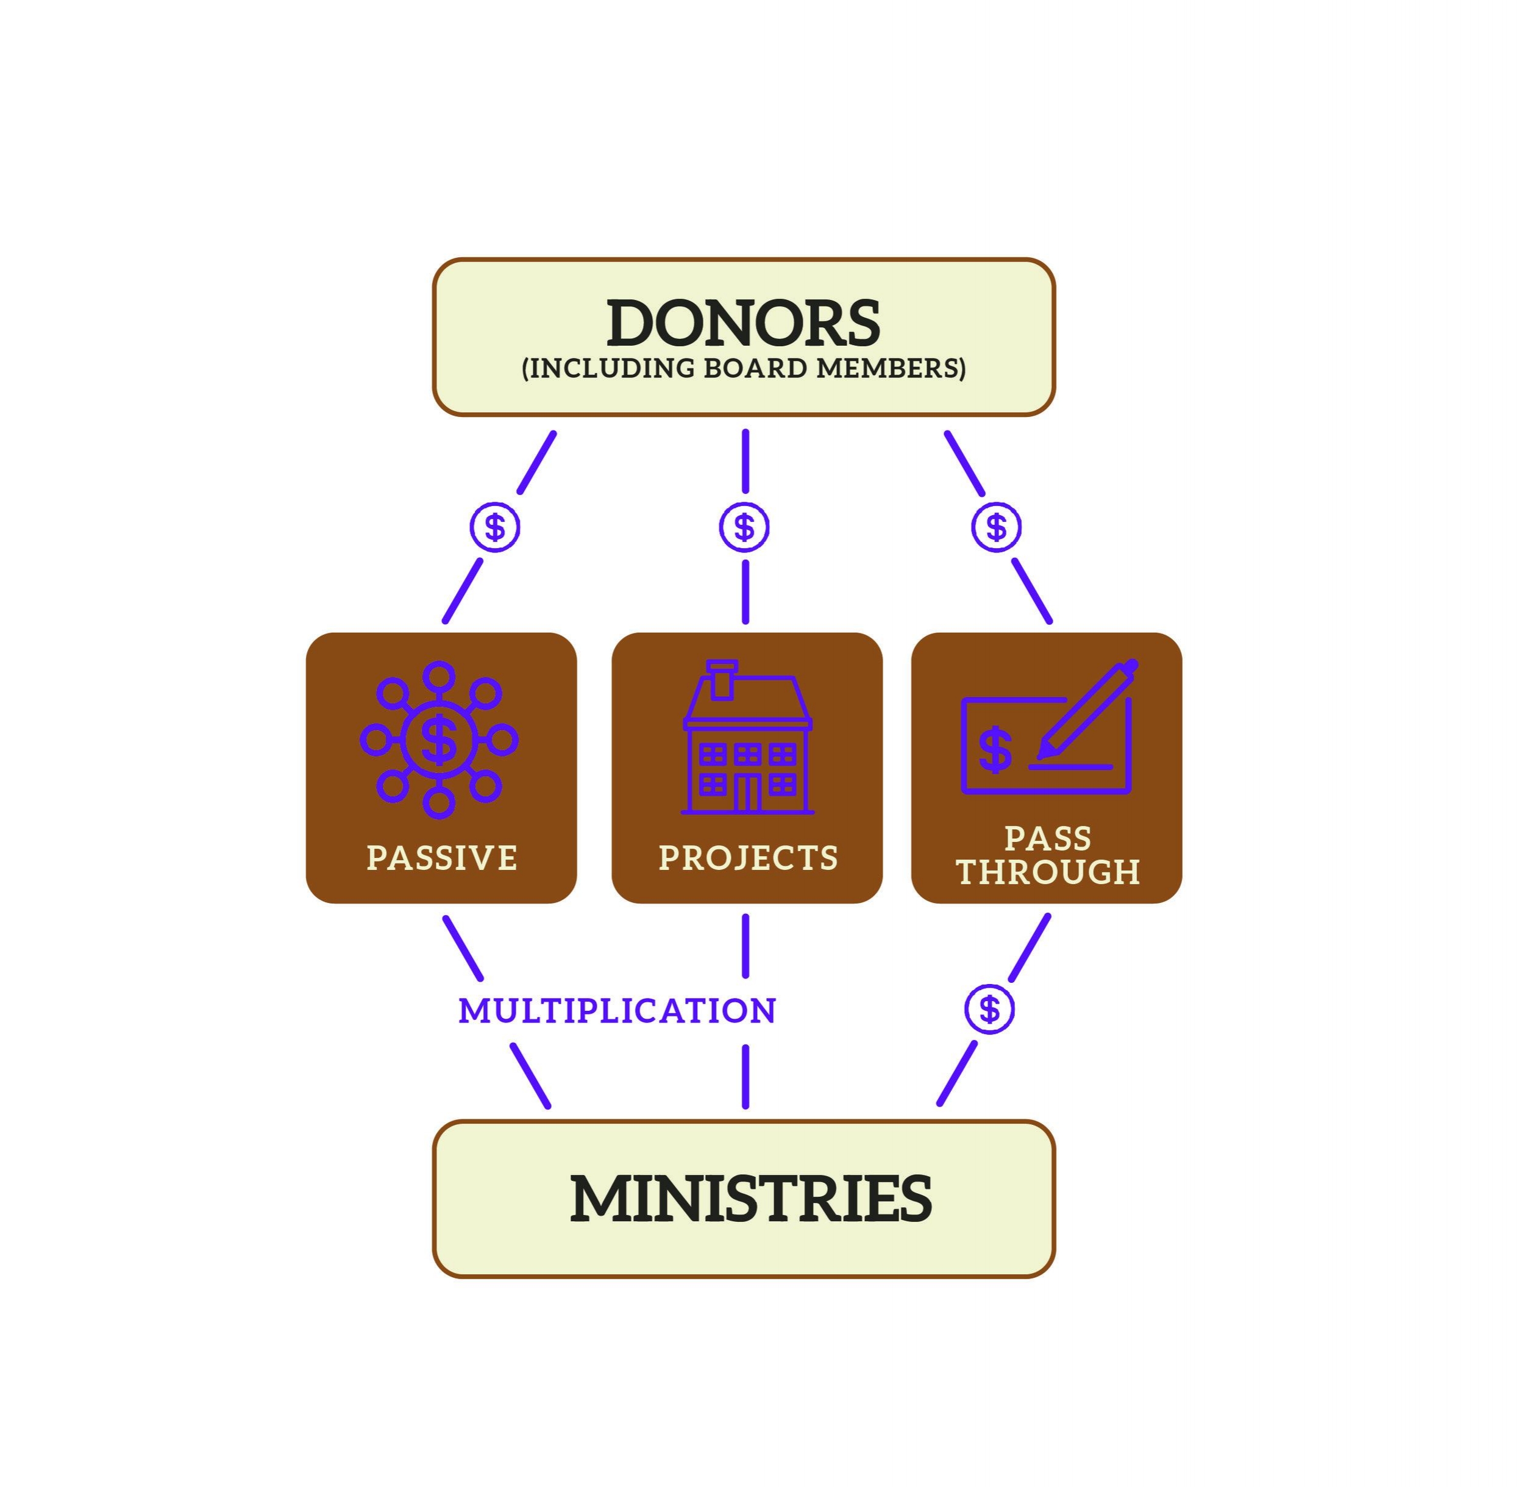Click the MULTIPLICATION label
coord(617,1011)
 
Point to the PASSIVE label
coord(441,858)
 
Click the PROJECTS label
coord(747,858)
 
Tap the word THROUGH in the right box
coord(1047,872)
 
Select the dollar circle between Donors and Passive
coord(494,527)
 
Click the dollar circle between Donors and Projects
coord(744,527)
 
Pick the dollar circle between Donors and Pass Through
coord(996,527)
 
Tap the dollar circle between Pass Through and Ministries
coord(989,1009)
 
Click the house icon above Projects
coord(747,742)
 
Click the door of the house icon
coord(747,793)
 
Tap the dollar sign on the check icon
coord(995,750)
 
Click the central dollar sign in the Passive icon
coord(439,739)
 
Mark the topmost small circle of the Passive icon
coord(439,676)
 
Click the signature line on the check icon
coord(1070,767)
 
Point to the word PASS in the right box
coord(1047,839)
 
